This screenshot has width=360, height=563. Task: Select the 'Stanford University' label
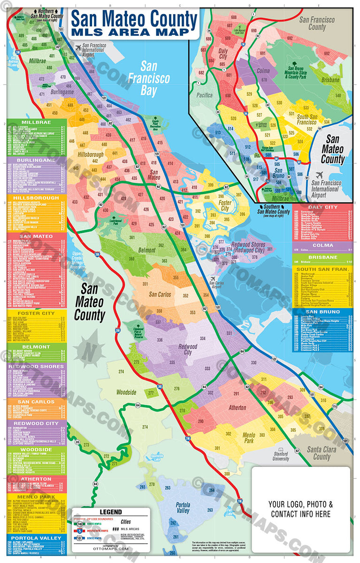click(281, 456)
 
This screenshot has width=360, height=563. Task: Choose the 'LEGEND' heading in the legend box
click(111, 512)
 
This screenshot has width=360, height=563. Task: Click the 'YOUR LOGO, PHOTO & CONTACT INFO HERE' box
click(300, 509)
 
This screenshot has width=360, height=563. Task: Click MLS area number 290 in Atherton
click(200, 421)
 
